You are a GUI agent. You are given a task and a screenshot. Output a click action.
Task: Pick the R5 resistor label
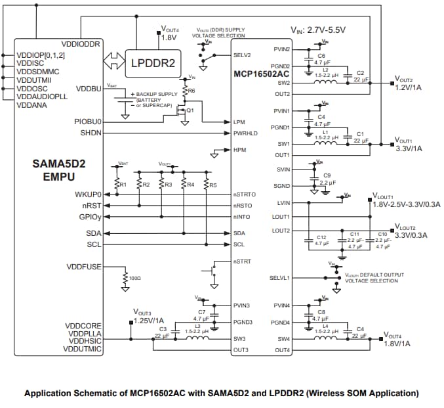tap(213, 185)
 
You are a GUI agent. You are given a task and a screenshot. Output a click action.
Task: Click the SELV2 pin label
tap(242, 55)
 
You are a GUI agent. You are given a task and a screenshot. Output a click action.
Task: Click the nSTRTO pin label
tap(245, 194)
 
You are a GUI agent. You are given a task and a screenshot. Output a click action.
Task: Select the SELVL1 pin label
tap(279, 277)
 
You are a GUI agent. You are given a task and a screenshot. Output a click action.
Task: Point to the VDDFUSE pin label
tap(83, 267)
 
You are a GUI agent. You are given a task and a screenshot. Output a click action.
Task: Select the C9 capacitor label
tap(327, 175)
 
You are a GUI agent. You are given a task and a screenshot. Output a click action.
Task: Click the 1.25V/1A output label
tap(148, 320)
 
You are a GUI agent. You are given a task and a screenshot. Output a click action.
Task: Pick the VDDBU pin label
tap(89, 88)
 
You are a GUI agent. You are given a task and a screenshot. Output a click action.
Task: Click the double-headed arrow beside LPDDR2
tap(113, 63)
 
